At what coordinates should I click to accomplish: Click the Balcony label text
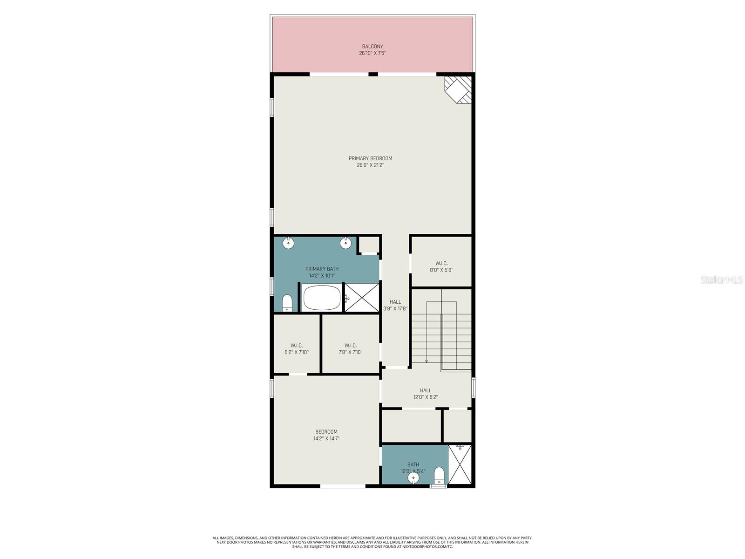[x=372, y=47]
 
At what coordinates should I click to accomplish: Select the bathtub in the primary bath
[x=321, y=298]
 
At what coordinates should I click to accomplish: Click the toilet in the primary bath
[x=287, y=302]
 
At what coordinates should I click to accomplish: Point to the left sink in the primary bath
[x=289, y=243]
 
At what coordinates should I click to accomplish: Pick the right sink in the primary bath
[x=345, y=243]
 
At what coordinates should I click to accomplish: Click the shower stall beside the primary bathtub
[x=362, y=297]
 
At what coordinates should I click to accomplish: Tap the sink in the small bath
[x=413, y=478]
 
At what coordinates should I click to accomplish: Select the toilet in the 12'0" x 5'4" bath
[x=439, y=476]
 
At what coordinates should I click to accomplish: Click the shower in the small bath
[x=460, y=465]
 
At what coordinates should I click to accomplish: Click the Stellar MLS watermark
[x=721, y=279]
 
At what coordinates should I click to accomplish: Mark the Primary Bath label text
[x=322, y=269]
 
